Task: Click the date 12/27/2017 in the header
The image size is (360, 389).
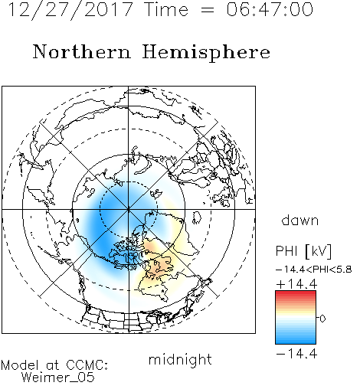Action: (x=70, y=10)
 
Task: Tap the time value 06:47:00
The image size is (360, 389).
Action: (x=270, y=10)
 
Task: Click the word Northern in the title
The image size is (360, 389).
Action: (x=81, y=51)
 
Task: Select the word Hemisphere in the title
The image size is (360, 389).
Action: (x=206, y=53)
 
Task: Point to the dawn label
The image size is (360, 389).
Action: (x=300, y=220)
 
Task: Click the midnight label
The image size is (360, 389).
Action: (x=180, y=359)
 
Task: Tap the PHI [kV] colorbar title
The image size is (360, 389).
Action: (x=303, y=251)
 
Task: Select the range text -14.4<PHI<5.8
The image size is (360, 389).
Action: (x=314, y=270)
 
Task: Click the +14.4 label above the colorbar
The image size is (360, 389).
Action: (x=296, y=284)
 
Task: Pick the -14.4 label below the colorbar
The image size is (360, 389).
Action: (x=296, y=354)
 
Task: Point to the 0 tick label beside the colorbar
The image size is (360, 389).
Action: (x=322, y=319)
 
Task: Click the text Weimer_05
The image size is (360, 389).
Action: (x=58, y=378)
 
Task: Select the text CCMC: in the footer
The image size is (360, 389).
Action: (x=87, y=365)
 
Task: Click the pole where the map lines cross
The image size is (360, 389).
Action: (x=129, y=209)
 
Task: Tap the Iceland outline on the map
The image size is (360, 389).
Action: (x=197, y=217)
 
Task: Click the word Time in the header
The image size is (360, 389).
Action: (x=166, y=10)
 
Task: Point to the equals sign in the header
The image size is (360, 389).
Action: (x=207, y=10)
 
